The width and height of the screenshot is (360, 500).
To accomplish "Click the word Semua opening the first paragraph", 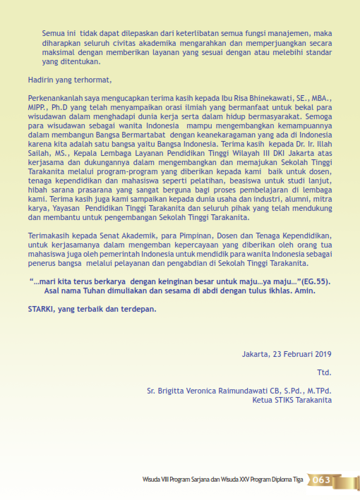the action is click(54, 32).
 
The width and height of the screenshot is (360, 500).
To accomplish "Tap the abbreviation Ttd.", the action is click(324, 372).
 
